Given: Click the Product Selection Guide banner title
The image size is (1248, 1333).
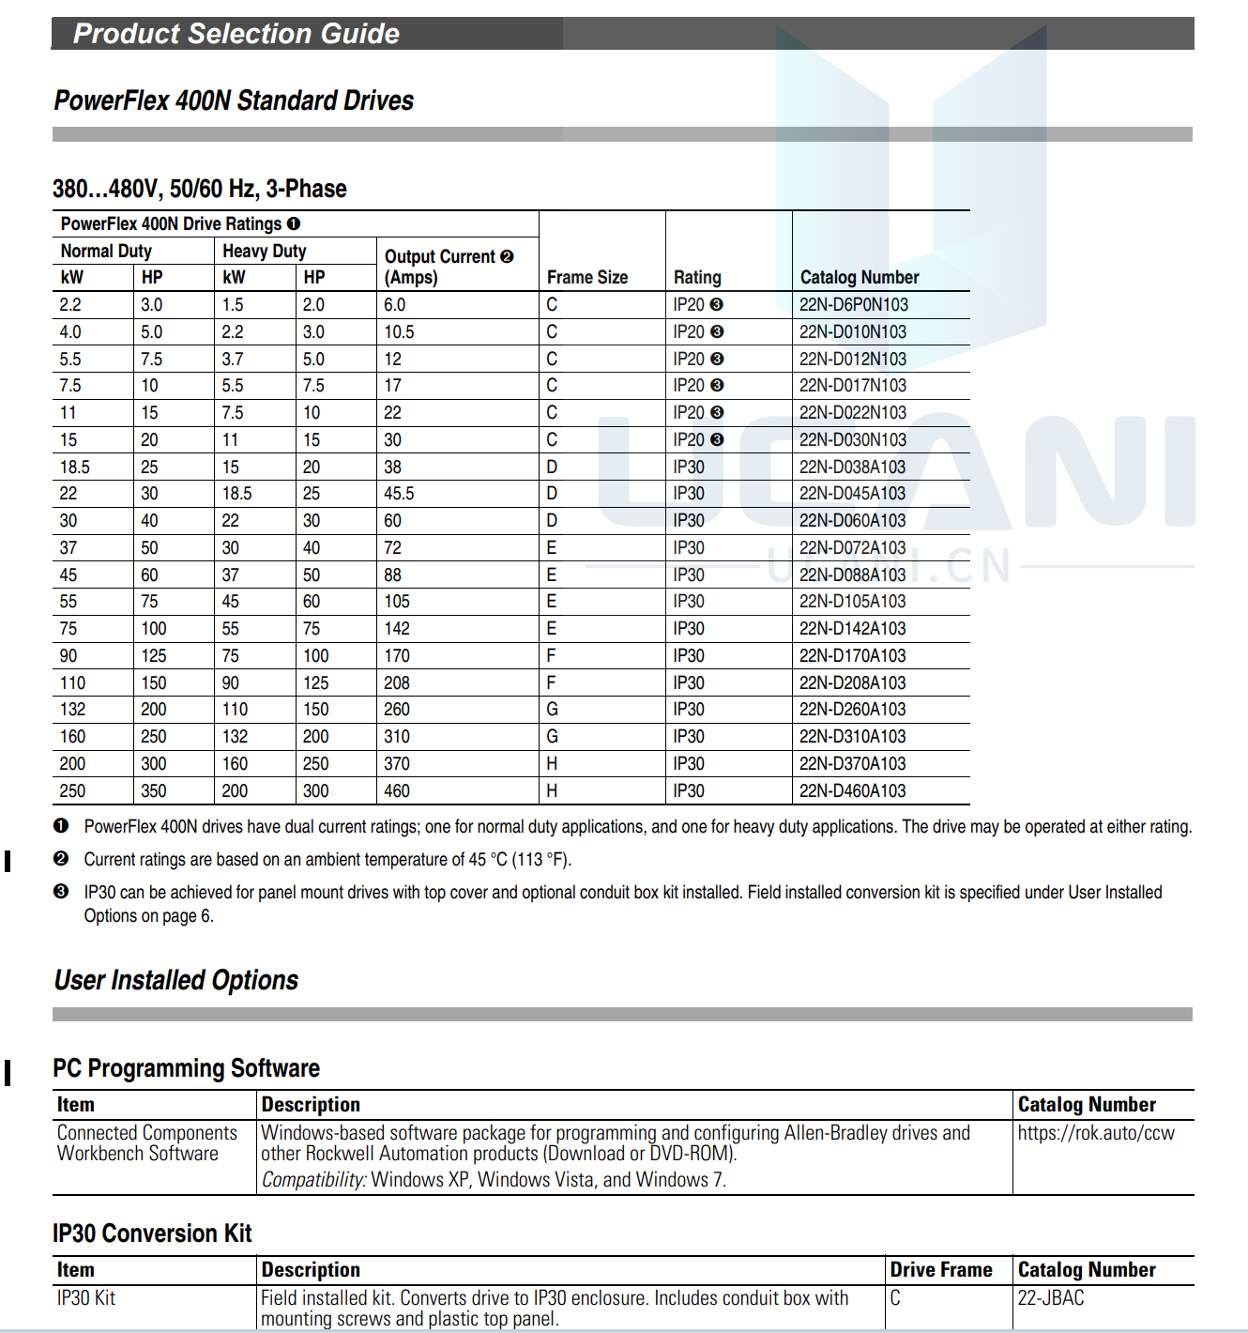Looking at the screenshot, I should pyautogui.click(x=236, y=34).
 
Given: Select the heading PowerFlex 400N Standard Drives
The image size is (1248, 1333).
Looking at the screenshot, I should pyautogui.click(x=234, y=100).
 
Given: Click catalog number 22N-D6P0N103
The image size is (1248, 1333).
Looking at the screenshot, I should pyautogui.click(x=853, y=305).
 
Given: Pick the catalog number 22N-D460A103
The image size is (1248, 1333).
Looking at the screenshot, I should pyautogui.click(x=852, y=791).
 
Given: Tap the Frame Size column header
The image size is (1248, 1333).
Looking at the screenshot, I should pyautogui.click(x=587, y=278).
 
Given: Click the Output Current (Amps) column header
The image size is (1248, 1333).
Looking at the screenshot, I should pyautogui.click(x=449, y=267).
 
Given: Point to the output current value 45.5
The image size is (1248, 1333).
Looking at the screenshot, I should pyautogui.click(x=399, y=494).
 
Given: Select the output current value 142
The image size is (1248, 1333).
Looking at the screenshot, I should pyautogui.click(x=396, y=629).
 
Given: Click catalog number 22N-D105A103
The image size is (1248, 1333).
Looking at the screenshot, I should pyautogui.click(x=852, y=602).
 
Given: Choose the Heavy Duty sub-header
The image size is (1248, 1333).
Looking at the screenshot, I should pyautogui.click(x=265, y=252).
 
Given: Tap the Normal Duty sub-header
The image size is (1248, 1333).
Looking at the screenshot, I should pyautogui.click(x=106, y=252).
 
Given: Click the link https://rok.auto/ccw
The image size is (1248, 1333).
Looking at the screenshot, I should pyautogui.click(x=1095, y=1133).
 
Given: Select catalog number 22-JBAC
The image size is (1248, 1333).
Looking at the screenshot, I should pyautogui.click(x=1051, y=1298).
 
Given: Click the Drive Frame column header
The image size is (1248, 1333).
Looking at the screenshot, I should pyautogui.click(x=941, y=1270).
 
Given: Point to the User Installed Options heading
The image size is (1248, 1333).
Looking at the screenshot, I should pyautogui.click(x=176, y=980).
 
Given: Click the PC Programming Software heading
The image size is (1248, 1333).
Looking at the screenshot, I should pyautogui.click(x=186, y=1068).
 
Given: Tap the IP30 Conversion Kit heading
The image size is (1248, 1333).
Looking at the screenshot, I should pyautogui.click(x=152, y=1233).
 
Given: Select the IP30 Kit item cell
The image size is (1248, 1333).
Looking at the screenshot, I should pyautogui.click(x=86, y=1298).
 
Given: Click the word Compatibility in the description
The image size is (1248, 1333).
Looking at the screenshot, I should pyautogui.click(x=313, y=1180).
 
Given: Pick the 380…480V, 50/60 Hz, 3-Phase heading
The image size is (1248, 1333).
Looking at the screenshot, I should pyautogui.click(x=200, y=189).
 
